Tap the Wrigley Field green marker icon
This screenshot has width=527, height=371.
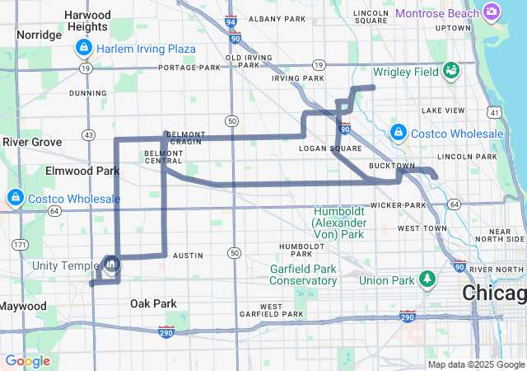pos(450,72)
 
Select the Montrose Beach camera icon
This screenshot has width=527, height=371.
pos(492,12)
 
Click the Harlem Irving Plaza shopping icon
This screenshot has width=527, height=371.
pos(82,49)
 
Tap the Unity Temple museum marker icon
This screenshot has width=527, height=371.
pos(111,265)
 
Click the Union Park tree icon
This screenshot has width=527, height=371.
pos(427,280)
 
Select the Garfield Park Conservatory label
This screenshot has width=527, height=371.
pos(304,275)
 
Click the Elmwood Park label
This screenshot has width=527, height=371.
pos(84,171)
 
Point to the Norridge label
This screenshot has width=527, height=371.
pos(39,35)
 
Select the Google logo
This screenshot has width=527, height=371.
pos(27,361)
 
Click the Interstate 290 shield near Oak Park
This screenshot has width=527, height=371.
pos(167,331)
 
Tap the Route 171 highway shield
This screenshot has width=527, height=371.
pos(18,245)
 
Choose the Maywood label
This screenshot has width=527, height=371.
pos(23,306)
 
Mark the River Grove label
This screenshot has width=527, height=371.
pos(32,142)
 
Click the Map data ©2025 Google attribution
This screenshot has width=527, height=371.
pos(476,364)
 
